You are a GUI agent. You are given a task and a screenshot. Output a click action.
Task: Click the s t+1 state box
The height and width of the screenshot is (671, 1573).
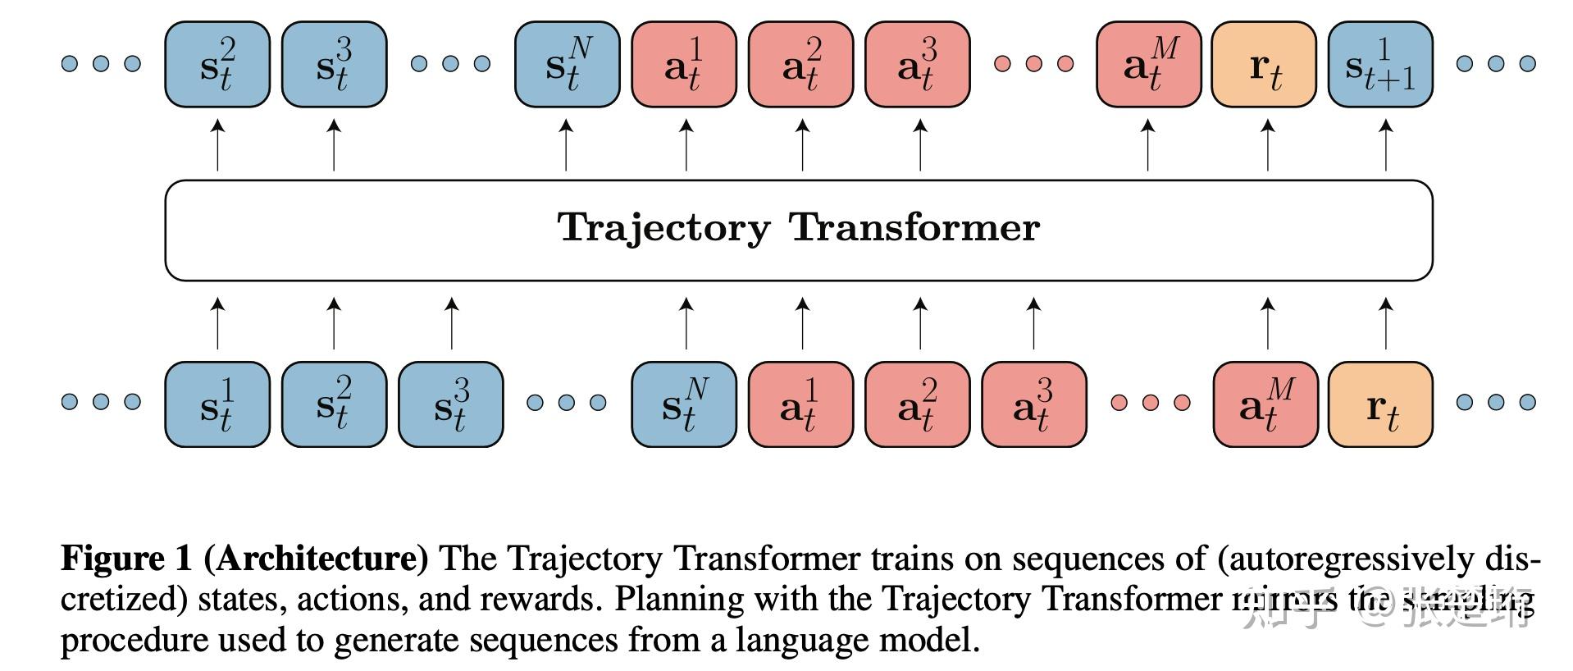point(1380,65)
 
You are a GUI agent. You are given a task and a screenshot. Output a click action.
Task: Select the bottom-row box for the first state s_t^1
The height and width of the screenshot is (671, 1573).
point(217,404)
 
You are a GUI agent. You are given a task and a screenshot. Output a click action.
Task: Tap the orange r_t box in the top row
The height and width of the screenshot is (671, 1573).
point(1264,65)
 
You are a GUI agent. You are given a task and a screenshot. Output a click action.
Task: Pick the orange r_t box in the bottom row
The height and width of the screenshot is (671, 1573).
point(1380,404)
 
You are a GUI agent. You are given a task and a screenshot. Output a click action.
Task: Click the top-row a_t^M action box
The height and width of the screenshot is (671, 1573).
point(1148,65)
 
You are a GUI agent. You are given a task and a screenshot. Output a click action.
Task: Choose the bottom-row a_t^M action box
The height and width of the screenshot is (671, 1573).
point(1265,404)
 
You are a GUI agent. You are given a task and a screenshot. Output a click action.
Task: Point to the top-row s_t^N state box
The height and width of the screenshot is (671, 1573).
point(567,65)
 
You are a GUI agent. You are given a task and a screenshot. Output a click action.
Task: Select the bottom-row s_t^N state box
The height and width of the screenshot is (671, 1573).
point(683,404)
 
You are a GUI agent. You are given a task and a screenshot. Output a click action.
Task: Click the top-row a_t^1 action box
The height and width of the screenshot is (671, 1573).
point(683,65)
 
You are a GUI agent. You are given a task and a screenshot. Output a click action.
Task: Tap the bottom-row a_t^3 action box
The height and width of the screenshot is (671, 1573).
point(1033,404)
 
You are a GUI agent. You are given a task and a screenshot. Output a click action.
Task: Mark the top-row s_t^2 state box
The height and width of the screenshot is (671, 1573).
point(217,65)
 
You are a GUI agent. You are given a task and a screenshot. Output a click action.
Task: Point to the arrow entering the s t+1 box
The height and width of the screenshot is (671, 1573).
point(1385,145)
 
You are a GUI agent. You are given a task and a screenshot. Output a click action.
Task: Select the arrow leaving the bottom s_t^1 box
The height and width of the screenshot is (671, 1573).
point(217,323)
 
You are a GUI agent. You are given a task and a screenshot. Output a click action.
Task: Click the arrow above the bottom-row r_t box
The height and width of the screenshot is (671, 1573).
point(1385,323)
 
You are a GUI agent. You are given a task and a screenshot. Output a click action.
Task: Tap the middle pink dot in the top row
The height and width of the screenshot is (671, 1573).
point(1033,63)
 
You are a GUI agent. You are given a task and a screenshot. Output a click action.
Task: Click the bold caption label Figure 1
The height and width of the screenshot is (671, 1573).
point(125,559)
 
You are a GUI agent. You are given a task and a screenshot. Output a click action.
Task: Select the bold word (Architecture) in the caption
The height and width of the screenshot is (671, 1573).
point(316,559)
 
